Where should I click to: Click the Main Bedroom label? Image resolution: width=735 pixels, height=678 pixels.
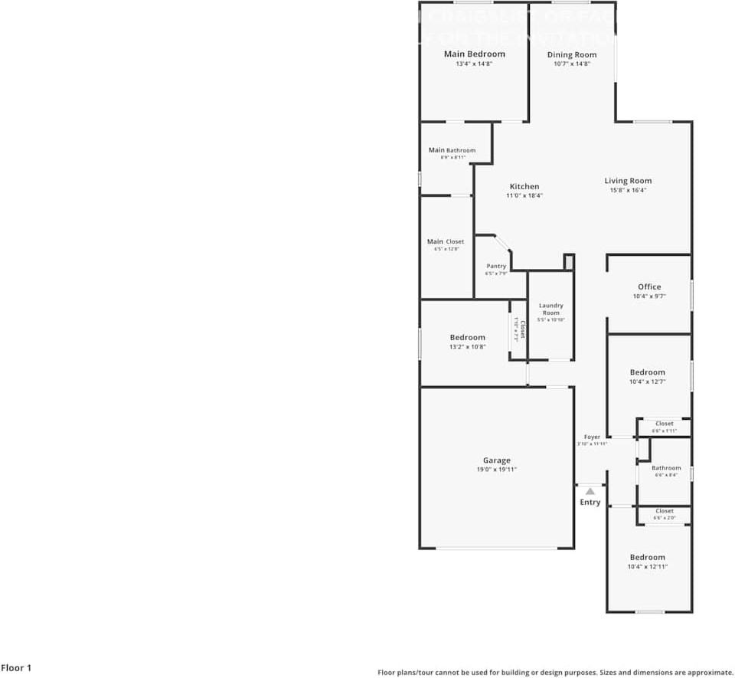pos(475,54)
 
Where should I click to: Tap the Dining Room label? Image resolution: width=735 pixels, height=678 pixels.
pos(572,54)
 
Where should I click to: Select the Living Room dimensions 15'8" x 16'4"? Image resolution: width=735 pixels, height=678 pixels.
pos(628,190)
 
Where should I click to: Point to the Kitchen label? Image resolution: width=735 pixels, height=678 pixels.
pos(524,186)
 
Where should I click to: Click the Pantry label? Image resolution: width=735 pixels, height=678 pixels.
pos(496,266)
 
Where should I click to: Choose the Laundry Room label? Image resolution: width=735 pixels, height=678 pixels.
pos(551,309)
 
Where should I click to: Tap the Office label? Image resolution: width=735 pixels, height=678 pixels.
pos(649,287)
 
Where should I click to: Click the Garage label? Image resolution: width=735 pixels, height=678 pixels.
pos(496,460)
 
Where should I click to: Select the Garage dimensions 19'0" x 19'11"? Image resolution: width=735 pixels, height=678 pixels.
pos(496,470)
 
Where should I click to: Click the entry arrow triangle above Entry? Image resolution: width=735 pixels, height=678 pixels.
pos(590,490)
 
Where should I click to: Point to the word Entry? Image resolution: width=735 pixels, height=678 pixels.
pos(590,503)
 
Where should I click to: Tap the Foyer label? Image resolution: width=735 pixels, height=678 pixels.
pos(592,437)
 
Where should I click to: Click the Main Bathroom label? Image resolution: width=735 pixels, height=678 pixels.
pos(452,150)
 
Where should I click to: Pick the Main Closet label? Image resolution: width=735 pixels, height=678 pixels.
pos(446,241)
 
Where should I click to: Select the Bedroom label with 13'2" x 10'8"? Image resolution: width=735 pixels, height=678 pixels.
pos(467,337)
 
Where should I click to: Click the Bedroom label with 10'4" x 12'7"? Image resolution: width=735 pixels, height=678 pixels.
pos(647,372)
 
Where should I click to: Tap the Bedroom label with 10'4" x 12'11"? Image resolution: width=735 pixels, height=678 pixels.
pos(648,557)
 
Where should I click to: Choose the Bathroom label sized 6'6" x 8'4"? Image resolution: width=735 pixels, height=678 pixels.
pos(666,467)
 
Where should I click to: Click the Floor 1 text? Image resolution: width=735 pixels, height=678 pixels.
pos(16,668)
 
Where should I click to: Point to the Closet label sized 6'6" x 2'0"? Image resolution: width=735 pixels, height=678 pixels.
pos(665,511)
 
